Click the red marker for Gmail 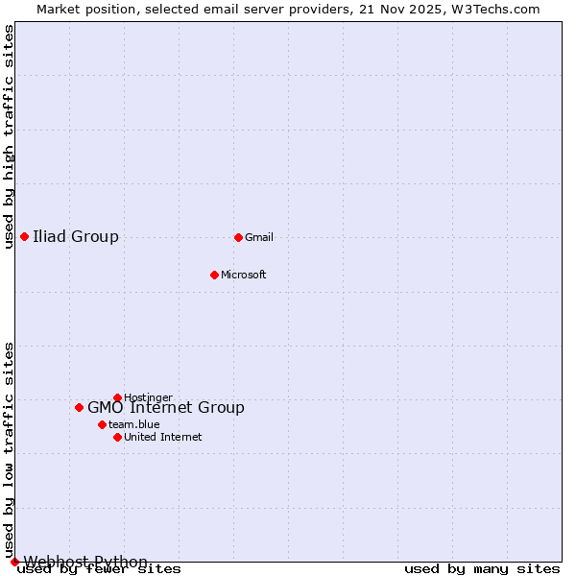[x=238, y=237]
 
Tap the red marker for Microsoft [x=214, y=275]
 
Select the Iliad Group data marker [x=24, y=236]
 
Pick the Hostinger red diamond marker [x=117, y=397]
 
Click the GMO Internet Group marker [x=79, y=407]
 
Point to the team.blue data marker [x=102, y=424]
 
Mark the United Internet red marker [x=117, y=437]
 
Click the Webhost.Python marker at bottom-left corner [x=14, y=562]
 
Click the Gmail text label [x=259, y=237]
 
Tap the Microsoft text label [x=244, y=275]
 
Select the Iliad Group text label [x=76, y=236]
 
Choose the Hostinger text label [x=149, y=397]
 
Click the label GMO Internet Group [x=166, y=407]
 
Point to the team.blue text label [x=134, y=424]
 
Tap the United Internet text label [x=163, y=437]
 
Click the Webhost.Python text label [x=85, y=562]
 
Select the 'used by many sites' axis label [x=482, y=569]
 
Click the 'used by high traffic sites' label [x=9, y=136]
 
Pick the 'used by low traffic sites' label [x=9, y=449]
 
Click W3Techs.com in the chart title [x=496, y=9]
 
